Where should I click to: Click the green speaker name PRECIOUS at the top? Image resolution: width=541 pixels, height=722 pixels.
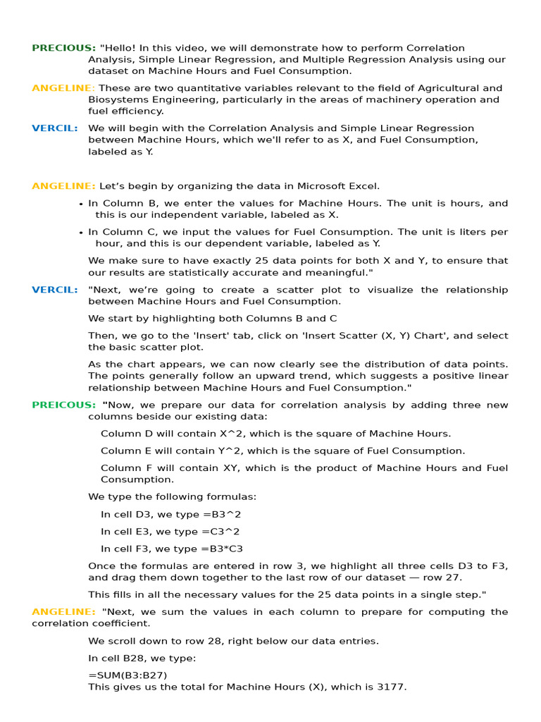(63, 48)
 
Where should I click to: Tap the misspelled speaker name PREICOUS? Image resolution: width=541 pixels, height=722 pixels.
(63, 405)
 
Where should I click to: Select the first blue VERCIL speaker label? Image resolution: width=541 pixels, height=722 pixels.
(54, 128)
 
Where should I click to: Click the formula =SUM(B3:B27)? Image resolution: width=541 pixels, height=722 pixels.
(128, 675)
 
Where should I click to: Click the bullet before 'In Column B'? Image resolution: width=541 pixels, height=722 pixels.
(82, 204)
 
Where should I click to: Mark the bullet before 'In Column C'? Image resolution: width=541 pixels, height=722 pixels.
(82, 233)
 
